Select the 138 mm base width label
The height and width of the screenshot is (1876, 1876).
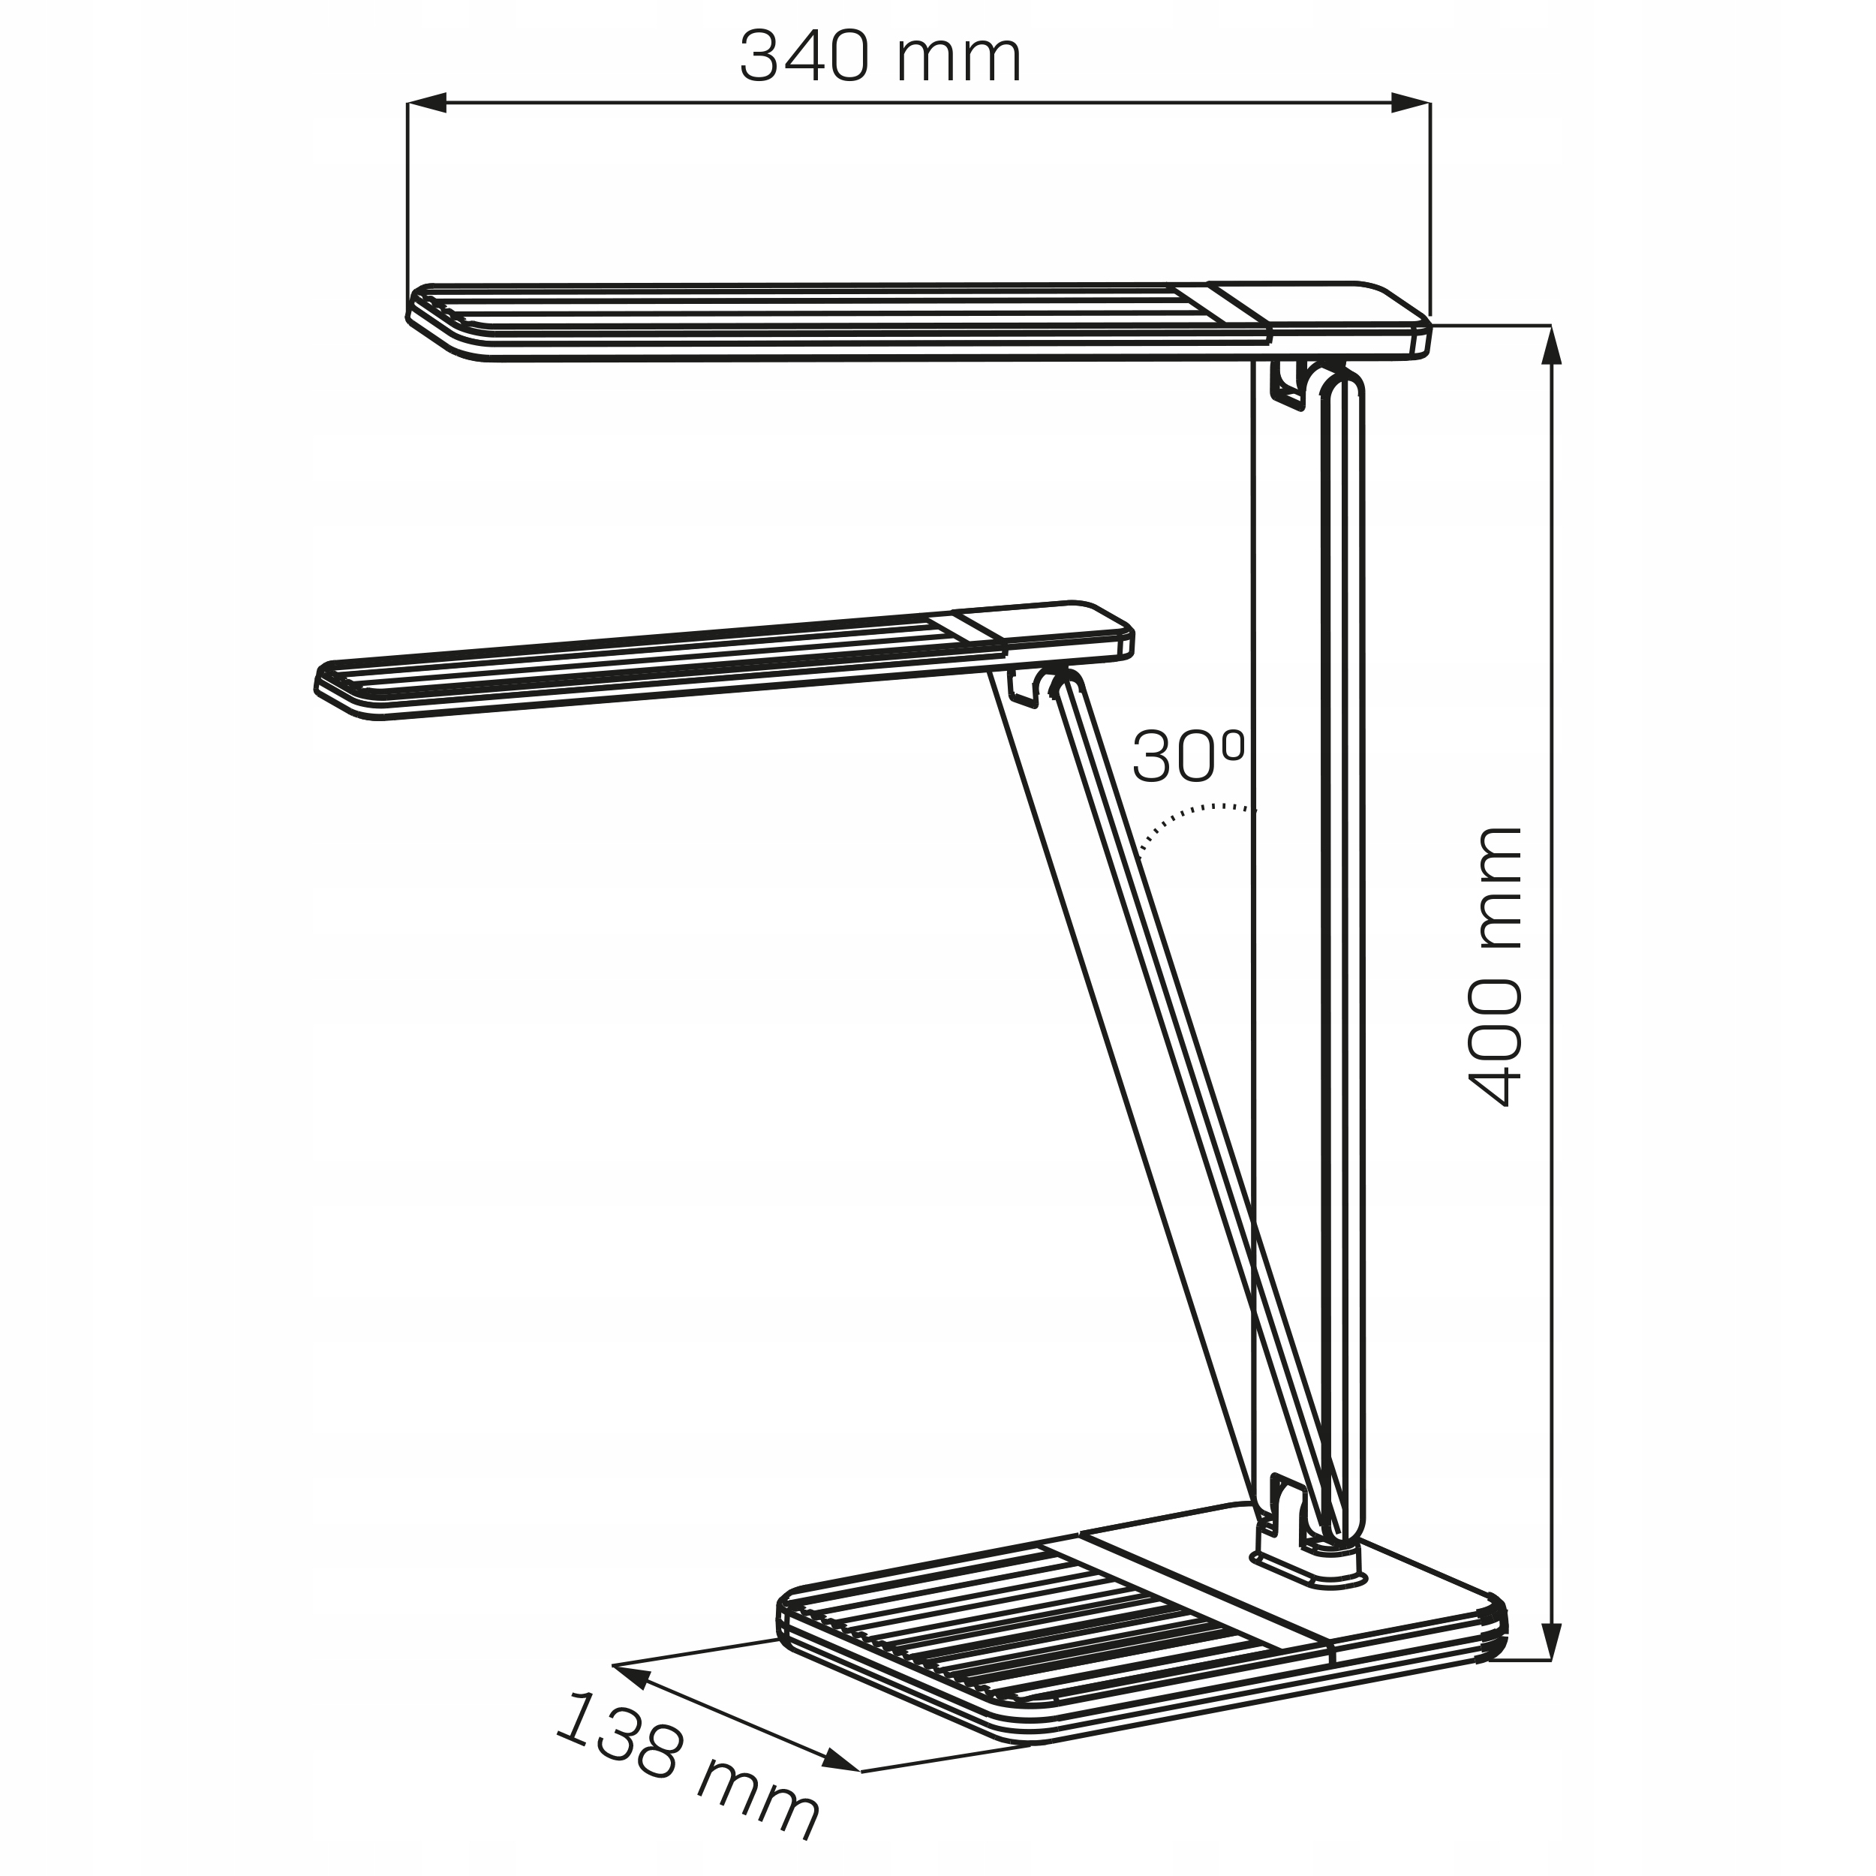[687, 1783]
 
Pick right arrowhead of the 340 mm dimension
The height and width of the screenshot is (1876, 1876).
[1411, 103]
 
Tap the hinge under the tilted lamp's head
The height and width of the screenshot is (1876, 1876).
[1041, 687]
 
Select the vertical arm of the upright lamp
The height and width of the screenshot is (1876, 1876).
[1342, 874]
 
